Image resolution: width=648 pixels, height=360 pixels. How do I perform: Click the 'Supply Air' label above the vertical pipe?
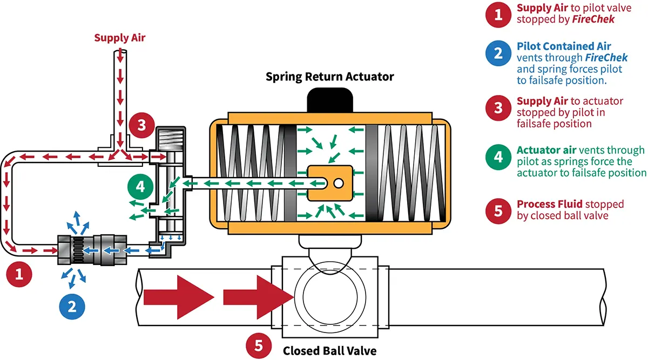click(x=120, y=38)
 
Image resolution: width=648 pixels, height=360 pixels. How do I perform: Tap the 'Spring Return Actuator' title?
click(x=329, y=76)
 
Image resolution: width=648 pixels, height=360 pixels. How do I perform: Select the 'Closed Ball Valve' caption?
click(x=329, y=350)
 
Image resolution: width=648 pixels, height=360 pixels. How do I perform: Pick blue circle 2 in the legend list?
click(x=498, y=53)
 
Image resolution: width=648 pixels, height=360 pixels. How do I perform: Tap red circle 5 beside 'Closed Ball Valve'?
click(x=259, y=345)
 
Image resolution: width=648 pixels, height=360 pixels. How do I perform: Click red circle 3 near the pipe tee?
click(x=141, y=125)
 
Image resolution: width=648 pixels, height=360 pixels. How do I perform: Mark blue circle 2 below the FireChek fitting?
click(x=72, y=307)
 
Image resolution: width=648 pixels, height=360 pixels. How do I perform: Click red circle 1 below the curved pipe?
click(x=19, y=275)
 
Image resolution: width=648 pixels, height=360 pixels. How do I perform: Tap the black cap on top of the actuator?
click(x=329, y=99)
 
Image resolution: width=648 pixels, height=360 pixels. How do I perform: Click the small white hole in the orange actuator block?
click(x=338, y=184)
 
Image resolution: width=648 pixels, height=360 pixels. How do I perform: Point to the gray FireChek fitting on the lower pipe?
click(x=92, y=250)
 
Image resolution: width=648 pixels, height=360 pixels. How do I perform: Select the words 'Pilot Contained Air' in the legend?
click(x=564, y=47)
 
